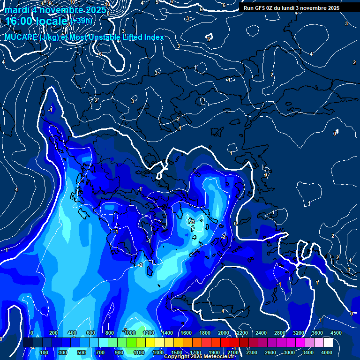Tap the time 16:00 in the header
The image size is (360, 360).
[x=19, y=22]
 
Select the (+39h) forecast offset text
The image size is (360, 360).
[x=82, y=21]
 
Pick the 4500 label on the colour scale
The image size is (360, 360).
[x=335, y=333]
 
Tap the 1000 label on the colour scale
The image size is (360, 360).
[x=129, y=333]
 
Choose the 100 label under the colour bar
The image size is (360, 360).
[x=44, y=352]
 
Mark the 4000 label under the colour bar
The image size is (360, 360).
[x=327, y=352]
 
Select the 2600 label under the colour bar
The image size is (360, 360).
[x=270, y=352]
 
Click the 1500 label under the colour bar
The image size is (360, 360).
[x=176, y=352]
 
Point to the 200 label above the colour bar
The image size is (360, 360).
[x=53, y=333]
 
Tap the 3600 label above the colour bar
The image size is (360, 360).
[x=317, y=333]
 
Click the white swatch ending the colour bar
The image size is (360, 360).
[x=328, y=343]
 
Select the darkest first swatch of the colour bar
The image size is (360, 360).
[x=28, y=343]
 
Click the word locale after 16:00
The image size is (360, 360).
[x=52, y=22]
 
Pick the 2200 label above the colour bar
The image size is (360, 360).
[x=242, y=333]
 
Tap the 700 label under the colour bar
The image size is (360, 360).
[x=100, y=352]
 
